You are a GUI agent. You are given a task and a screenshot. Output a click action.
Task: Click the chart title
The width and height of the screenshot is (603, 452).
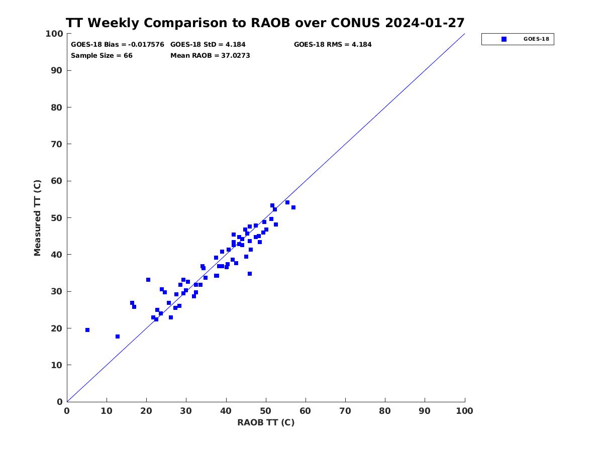(265, 23)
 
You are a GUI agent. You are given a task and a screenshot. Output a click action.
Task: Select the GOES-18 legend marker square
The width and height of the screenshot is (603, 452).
(504, 39)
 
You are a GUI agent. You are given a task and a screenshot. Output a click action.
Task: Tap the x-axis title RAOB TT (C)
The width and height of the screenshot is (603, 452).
(266, 422)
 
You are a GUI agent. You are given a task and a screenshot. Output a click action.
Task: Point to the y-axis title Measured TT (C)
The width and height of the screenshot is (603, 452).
(37, 218)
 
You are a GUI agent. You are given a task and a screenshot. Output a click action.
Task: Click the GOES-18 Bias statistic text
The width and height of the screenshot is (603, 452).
(117, 45)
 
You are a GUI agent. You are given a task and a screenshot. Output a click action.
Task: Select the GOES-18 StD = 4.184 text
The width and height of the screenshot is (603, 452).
(208, 45)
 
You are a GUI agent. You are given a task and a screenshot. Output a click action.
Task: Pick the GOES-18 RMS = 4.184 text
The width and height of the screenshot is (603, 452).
(333, 45)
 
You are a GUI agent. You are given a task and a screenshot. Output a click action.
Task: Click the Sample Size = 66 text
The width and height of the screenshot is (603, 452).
(102, 55)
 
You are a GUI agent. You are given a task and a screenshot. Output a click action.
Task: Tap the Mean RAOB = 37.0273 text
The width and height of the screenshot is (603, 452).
(210, 55)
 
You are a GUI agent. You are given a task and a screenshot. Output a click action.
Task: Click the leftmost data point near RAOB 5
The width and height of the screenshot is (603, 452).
(87, 330)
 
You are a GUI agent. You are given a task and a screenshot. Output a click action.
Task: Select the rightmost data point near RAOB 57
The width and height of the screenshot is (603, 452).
(293, 207)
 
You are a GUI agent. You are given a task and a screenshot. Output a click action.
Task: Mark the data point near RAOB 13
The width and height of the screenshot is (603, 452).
(118, 336)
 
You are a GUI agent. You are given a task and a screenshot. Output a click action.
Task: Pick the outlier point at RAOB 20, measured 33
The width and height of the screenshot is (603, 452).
(148, 280)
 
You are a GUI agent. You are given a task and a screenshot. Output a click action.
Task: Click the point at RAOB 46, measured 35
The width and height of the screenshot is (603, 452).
(249, 274)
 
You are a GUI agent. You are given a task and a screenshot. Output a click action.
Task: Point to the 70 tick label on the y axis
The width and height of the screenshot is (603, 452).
(57, 144)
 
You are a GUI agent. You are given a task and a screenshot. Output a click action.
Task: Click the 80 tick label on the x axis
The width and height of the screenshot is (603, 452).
(384, 411)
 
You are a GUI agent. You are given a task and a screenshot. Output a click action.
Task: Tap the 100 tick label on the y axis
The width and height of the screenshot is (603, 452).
(54, 34)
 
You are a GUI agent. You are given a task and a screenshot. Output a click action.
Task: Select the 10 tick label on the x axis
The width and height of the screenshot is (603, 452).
(107, 411)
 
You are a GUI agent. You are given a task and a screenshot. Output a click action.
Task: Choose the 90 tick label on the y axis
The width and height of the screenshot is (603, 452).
(57, 70)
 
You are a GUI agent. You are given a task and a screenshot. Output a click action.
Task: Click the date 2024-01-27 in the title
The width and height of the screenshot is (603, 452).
(425, 23)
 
